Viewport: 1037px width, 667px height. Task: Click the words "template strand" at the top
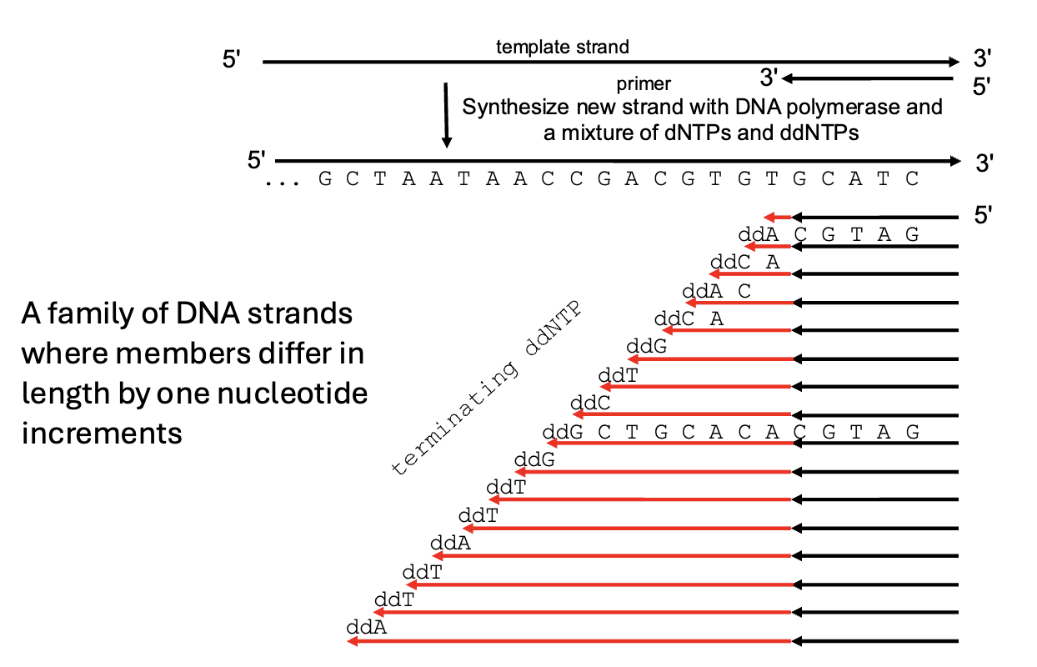[563, 47]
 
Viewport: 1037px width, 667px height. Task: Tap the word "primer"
[644, 84]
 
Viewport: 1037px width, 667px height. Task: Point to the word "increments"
[102, 433]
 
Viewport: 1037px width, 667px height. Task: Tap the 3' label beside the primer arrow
[769, 78]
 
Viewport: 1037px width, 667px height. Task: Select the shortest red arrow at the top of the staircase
[778, 217]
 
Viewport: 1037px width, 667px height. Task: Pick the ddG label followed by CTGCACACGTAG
[557, 432]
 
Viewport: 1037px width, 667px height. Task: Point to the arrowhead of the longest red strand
[353, 641]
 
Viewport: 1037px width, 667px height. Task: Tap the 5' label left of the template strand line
[232, 61]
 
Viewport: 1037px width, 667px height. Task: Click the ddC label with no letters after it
[590, 404]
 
